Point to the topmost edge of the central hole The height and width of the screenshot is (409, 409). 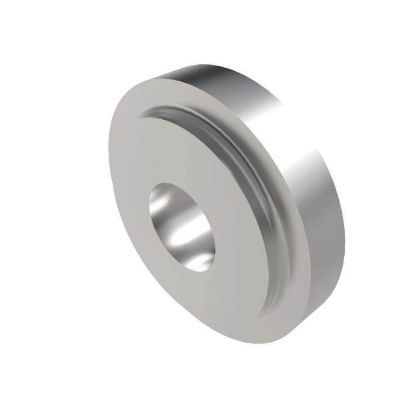click(x=169, y=182)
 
